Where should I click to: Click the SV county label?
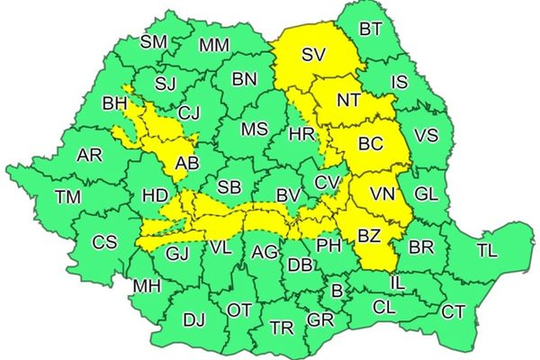pyautogui.click(x=313, y=56)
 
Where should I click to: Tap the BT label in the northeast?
pyautogui.click(x=370, y=29)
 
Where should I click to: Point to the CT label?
pyautogui.click(x=453, y=311)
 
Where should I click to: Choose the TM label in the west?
pyautogui.click(x=67, y=196)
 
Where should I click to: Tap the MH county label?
pyautogui.click(x=147, y=287)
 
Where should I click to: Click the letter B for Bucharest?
pyautogui.click(x=337, y=290)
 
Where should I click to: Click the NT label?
pyautogui.click(x=348, y=102)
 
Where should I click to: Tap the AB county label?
pyautogui.click(x=187, y=164)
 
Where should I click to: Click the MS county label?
pyautogui.click(x=254, y=129)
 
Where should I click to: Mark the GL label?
pyautogui.click(x=426, y=193)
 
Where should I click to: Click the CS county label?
pyautogui.click(x=105, y=242)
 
